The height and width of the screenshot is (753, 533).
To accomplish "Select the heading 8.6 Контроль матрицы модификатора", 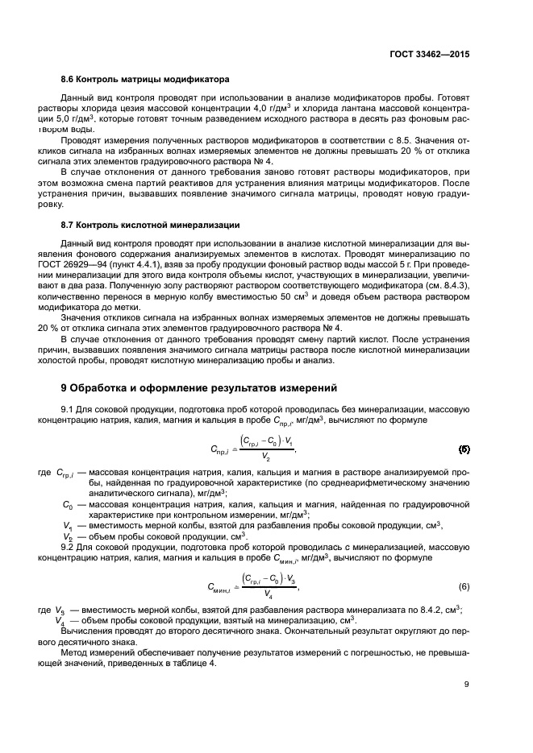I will [139, 80].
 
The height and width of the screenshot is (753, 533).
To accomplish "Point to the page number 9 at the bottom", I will [467, 685].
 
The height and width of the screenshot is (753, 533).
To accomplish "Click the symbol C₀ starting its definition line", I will [69, 504].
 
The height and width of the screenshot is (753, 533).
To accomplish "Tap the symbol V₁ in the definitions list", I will [69, 525].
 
